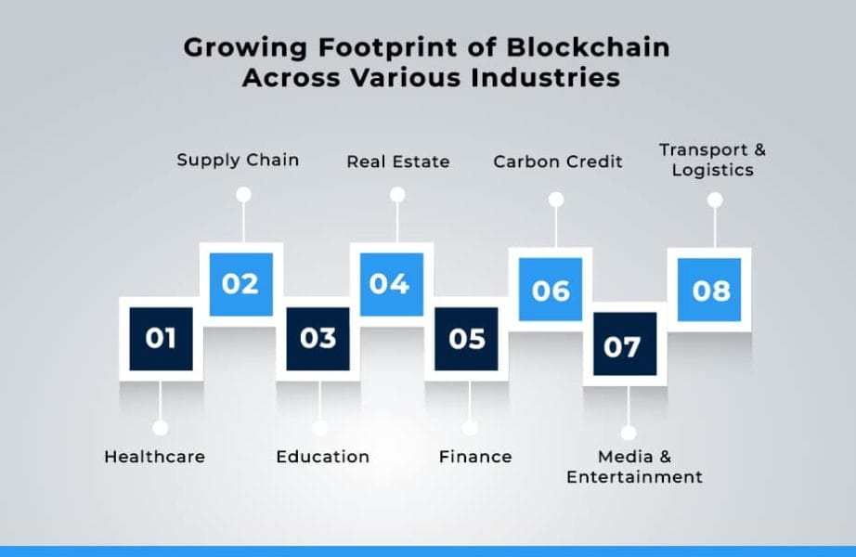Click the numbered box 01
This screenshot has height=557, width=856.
pyautogui.click(x=161, y=338)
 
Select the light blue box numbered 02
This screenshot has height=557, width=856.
pyautogui.click(x=240, y=283)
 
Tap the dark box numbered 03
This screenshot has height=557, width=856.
pyautogui.click(x=318, y=338)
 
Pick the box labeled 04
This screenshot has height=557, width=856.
pyautogui.click(x=391, y=283)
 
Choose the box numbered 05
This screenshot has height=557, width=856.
pyautogui.click(x=467, y=338)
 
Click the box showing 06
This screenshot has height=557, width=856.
pyautogui.click(x=551, y=290)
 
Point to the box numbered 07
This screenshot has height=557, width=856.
pyautogui.click(x=624, y=345)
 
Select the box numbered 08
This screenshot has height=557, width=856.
pyautogui.click(x=710, y=290)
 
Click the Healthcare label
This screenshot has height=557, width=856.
pyautogui.click(x=154, y=457)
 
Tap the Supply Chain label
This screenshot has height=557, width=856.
pyautogui.click(x=238, y=160)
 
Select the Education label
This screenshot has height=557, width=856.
pyautogui.click(x=322, y=457)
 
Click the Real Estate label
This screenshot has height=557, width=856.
pyautogui.click(x=398, y=162)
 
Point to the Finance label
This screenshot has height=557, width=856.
pyautogui.click(x=475, y=457)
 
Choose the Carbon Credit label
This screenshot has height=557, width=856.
pyautogui.click(x=558, y=162)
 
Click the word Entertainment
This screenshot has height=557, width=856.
pyautogui.click(x=634, y=477)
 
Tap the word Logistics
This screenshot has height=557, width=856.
pyautogui.click(x=712, y=170)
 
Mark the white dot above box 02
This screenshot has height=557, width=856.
pyautogui.click(x=243, y=195)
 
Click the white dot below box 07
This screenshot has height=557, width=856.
pyautogui.click(x=629, y=432)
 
